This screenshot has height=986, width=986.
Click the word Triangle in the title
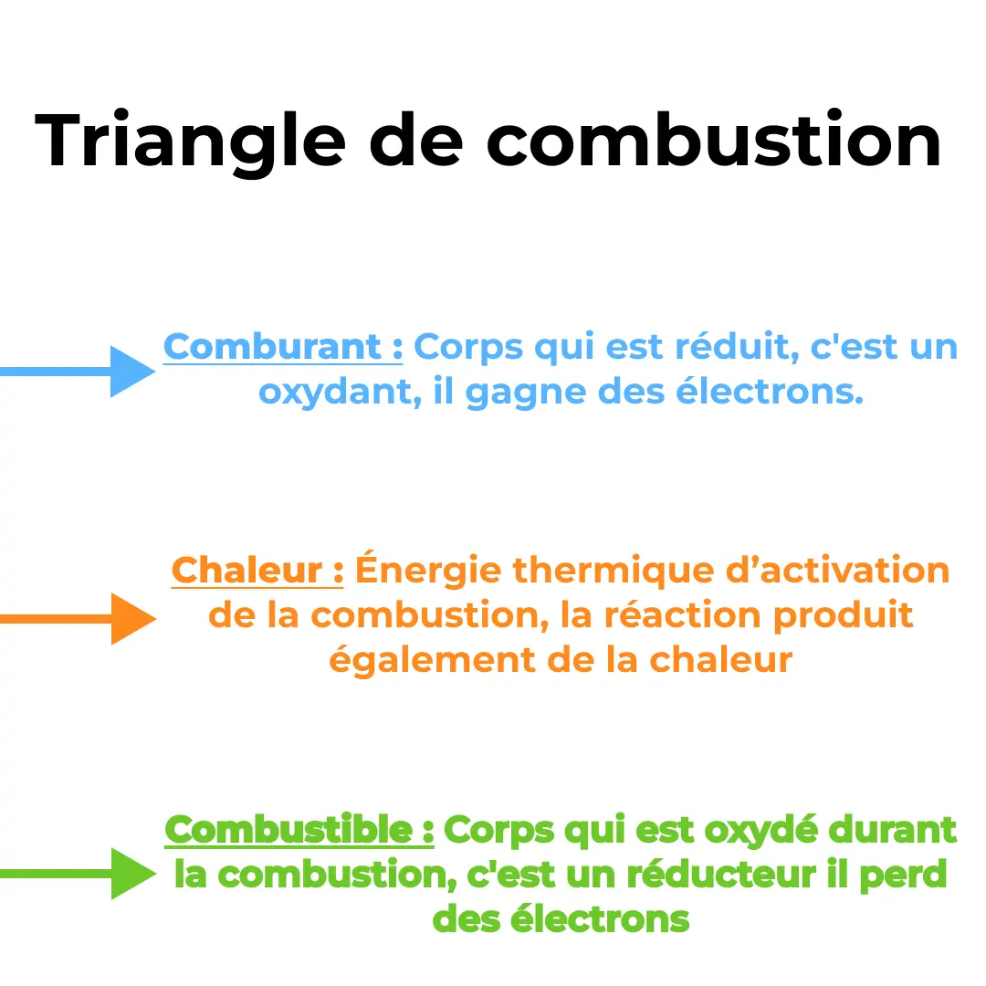pyautogui.click(x=190, y=142)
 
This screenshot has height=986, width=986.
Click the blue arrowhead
pyautogui.click(x=132, y=371)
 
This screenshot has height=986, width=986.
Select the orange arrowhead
pyautogui.click(x=133, y=619)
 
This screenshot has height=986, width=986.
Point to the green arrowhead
pyautogui.click(x=133, y=874)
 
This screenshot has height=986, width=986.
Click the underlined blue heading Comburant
pyautogui.click(x=272, y=347)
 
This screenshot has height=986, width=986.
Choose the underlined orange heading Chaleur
pyautogui.click(x=246, y=571)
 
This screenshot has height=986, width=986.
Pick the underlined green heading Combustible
pyautogui.click(x=288, y=829)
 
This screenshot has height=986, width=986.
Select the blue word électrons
pyautogui.click(x=770, y=392)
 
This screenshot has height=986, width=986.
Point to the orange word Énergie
pyautogui.click(x=428, y=569)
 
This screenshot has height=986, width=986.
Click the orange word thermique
pyautogui.click(x=614, y=572)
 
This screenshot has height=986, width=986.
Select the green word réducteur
pyautogui.click(x=721, y=874)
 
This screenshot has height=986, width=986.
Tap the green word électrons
pyautogui.click(x=600, y=919)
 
